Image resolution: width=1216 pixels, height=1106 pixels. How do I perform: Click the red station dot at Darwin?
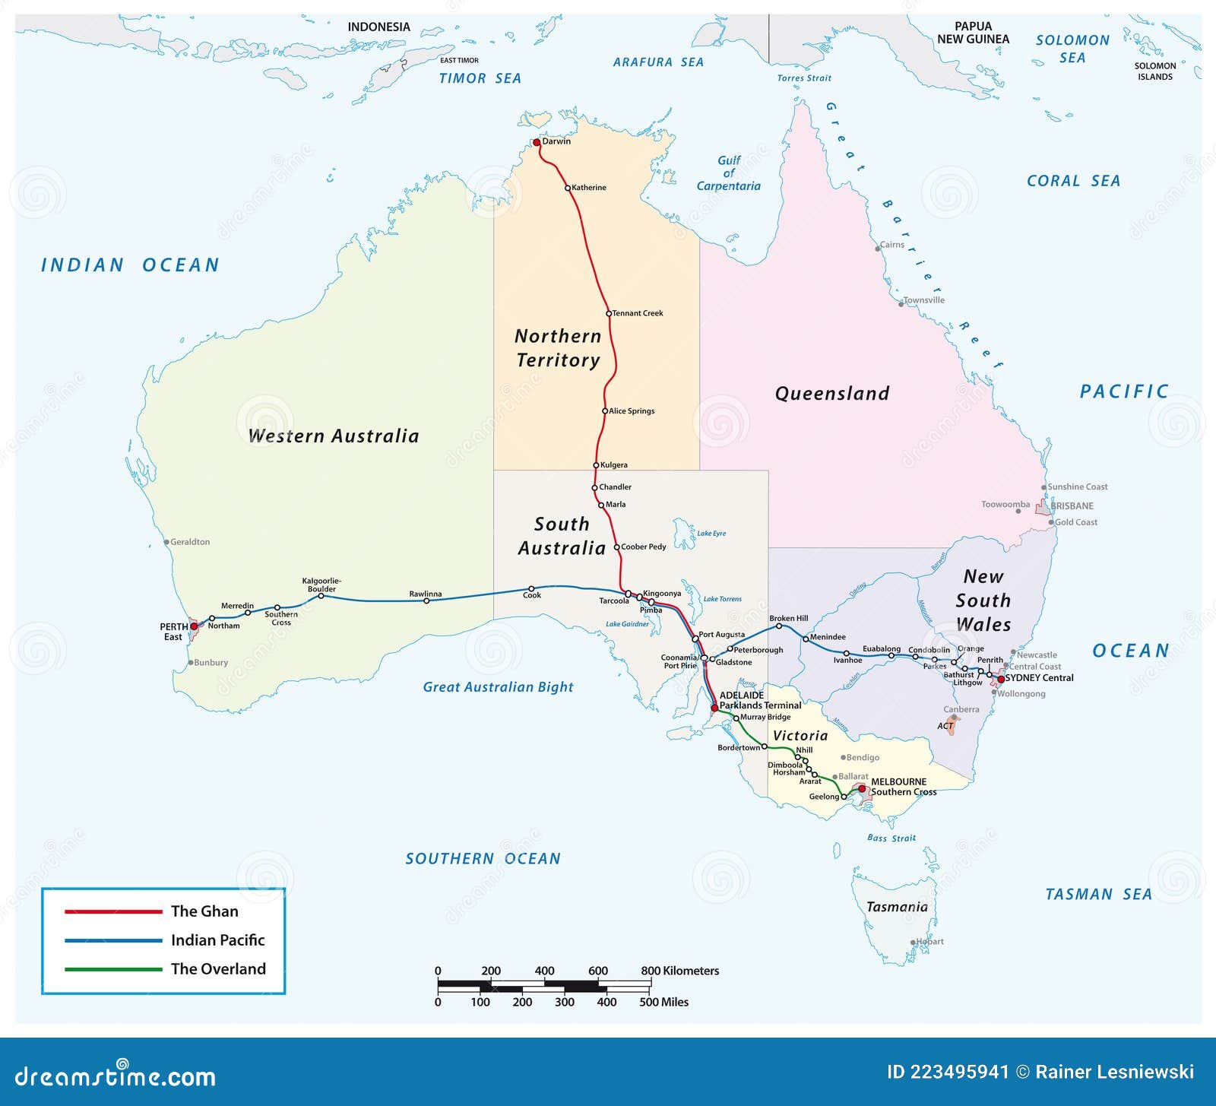coord(537,142)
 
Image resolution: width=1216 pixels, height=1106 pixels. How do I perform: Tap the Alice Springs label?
coord(632,411)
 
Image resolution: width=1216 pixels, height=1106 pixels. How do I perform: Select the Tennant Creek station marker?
coord(609,313)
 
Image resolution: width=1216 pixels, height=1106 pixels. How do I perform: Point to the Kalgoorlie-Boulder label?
coord(321,585)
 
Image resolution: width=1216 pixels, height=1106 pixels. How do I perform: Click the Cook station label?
coord(532,595)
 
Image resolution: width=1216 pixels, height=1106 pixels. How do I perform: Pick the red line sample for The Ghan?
coord(113,911)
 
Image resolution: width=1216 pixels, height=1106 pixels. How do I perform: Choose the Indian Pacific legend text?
coord(217,940)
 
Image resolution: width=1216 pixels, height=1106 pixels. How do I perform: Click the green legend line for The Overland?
coord(113,969)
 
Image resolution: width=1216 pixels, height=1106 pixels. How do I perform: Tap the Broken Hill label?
coord(788,619)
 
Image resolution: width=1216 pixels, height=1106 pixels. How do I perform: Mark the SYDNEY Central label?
coord(1039,678)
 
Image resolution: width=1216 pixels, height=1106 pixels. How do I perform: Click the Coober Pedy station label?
coord(643,547)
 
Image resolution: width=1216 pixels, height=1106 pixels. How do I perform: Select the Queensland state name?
coord(831,394)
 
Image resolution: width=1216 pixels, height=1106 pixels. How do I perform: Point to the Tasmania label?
coord(897,907)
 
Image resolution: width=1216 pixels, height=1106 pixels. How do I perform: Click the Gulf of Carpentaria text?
coord(728,173)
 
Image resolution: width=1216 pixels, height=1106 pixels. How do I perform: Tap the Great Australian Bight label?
coord(498,687)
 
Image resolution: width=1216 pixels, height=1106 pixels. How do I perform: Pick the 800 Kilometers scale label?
coord(679,971)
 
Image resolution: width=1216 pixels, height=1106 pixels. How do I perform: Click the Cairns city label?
coord(892,245)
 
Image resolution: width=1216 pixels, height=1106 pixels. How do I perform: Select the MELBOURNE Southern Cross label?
coord(903,787)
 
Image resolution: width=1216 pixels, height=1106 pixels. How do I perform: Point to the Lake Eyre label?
coord(711,534)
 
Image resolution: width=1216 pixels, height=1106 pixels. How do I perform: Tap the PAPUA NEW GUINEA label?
coord(973,33)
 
